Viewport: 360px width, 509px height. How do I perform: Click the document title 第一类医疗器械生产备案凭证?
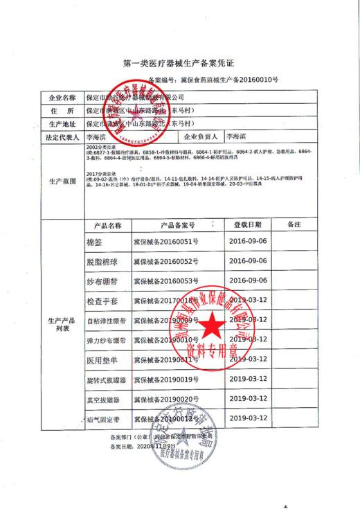coord(181,63)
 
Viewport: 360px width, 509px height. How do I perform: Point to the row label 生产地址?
coord(60,124)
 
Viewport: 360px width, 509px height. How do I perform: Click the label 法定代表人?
coord(60,138)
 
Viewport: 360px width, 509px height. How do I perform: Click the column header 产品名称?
coord(107,225)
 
